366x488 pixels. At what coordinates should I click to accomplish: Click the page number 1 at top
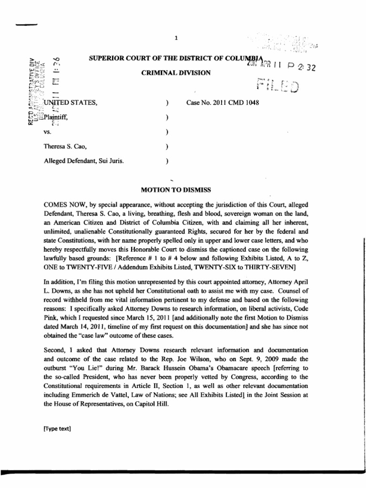click(176, 39)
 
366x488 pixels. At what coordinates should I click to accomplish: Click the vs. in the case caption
click(47, 132)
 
